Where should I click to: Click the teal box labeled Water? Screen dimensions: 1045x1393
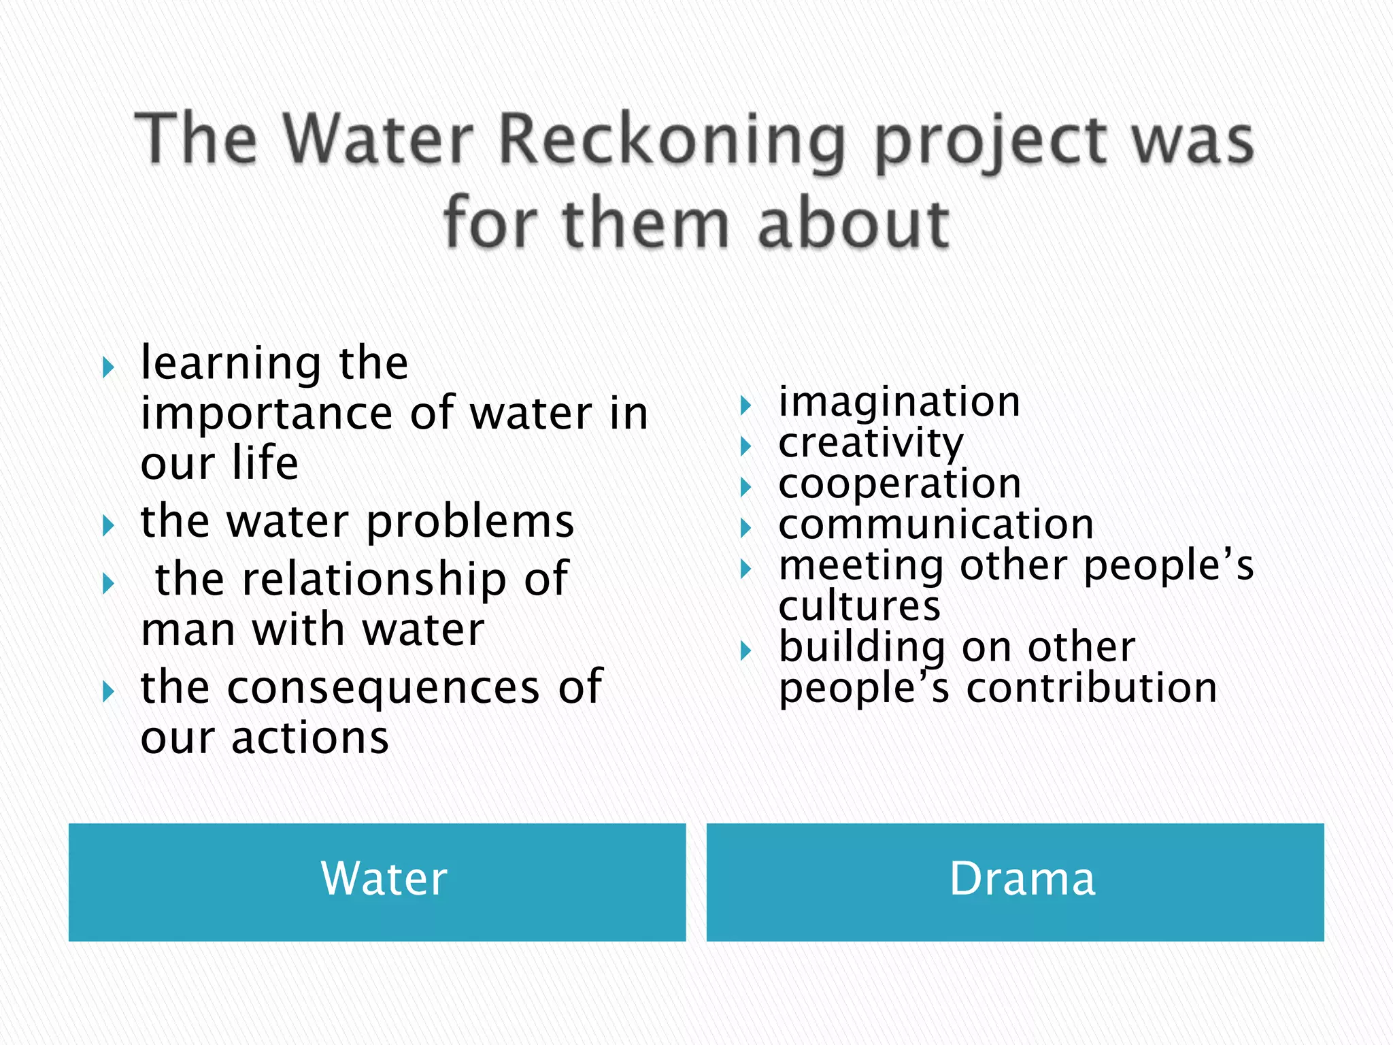click(x=377, y=882)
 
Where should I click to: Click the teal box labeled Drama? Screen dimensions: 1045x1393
click(x=1015, y=882)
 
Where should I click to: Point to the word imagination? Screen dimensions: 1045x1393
click(x=899, y=401)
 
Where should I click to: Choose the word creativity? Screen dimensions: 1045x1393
click(x=871, y=444)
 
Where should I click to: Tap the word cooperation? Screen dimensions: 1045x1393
click(x=899, y=484)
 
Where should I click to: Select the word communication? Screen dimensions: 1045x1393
click(x=936, y=525)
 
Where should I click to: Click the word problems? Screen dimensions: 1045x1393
click(x=470, y=522)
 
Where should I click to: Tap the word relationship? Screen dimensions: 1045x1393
click(x=374, y=580)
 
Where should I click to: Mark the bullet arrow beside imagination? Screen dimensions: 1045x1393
click(x=746, y=406)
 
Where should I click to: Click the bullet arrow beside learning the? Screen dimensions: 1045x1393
click(x=108, y=368)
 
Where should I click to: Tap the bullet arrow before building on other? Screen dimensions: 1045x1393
click(x=746, y=651)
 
